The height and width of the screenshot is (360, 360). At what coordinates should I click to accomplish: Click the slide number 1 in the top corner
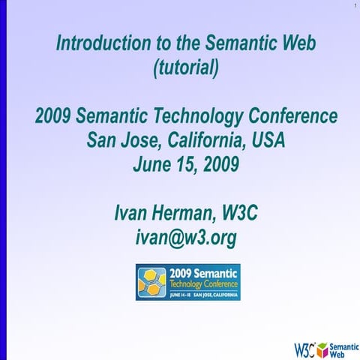(352, 7)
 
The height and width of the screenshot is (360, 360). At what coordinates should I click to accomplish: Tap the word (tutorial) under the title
(186, 68)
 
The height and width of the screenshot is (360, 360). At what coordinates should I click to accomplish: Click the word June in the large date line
(152, 163)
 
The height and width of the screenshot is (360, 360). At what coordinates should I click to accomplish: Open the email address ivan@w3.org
(186, 237)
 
